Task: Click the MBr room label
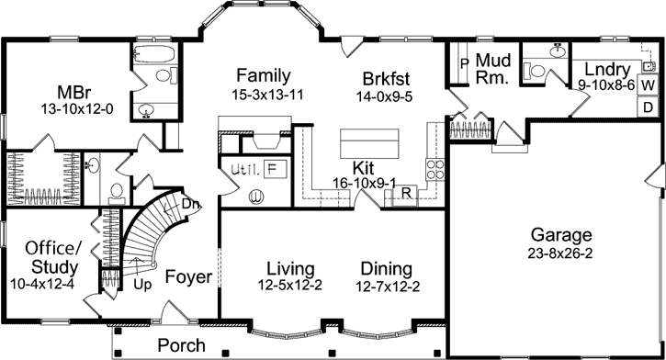(x=72, y=93)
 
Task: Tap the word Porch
(x=181, y=345)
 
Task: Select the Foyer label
(x=189, y=276)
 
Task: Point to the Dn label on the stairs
(x=191, y=204)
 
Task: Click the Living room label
(x=291, y=268)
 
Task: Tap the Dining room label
(x=386, y=268)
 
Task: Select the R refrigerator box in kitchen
(x=404, y=194)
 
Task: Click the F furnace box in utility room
(x=273, y=169)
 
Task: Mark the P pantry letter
(x=464, y=64)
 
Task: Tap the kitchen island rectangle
(x=372, y=143)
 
